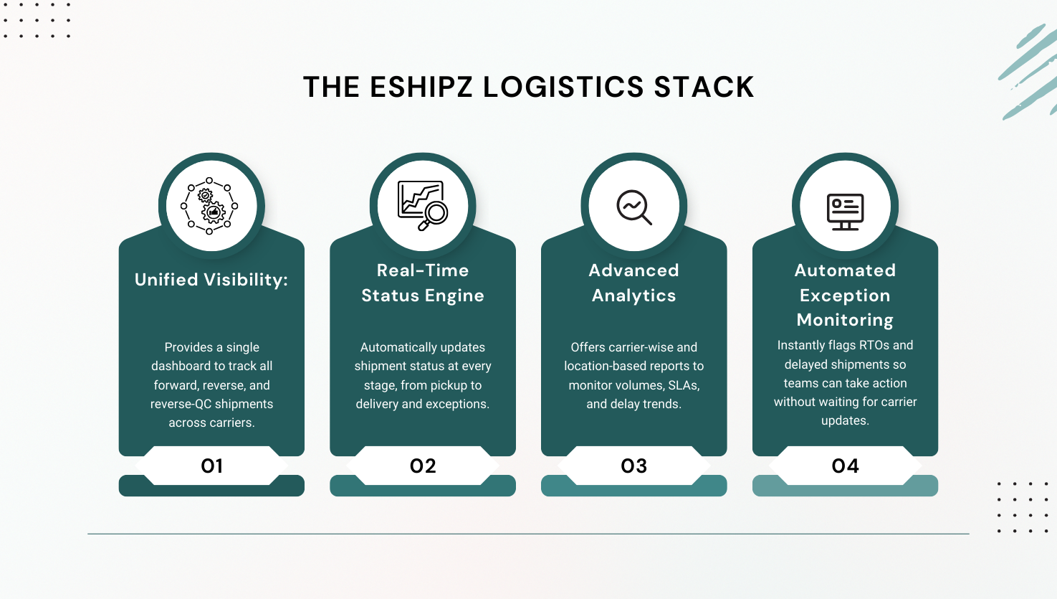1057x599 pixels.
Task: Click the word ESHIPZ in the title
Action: (421, 88)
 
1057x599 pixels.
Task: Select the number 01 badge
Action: (211, 466)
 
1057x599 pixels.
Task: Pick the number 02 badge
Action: (423, 466)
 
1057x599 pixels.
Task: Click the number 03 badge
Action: (634, 466)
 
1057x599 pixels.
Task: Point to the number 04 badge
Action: (846, 466)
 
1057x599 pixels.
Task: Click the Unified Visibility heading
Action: (211, 280)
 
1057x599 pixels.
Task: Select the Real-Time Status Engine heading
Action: (423, 283)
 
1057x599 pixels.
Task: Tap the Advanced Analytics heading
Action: (634, 283)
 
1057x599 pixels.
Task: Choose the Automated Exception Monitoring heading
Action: (846, 295)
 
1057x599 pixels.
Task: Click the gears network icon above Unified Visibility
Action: (209, 207)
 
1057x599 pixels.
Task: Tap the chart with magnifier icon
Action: (423, 206)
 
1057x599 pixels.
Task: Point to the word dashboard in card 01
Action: (181, 366)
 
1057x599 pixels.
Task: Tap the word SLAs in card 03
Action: (684, 385)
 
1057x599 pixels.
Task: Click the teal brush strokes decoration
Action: (1028, 72)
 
